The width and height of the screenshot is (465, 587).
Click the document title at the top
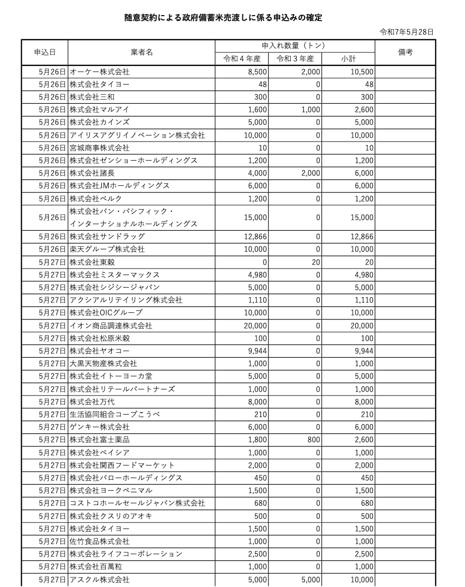(x=223, y=18)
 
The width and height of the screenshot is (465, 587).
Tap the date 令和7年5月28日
(x=407, y=32)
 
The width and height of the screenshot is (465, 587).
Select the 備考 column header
(x=405, y=52)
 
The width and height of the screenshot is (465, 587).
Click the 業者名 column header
(x=142, y=52)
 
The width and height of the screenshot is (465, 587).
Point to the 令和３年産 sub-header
(x=295, y=58)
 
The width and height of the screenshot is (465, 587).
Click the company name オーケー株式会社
(x=99, y=72)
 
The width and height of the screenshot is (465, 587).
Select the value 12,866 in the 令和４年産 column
(x=254, y=236)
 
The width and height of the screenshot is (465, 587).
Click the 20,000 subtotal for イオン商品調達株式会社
(x=362, y=325)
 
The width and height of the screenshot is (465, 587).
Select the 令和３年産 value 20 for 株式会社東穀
(x=315, y=262)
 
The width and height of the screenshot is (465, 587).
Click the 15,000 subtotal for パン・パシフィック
(x=362, y=217)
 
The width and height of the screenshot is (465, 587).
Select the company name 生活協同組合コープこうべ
(x=115, y=414)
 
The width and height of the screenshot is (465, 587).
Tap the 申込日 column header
(x=44, y=52)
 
